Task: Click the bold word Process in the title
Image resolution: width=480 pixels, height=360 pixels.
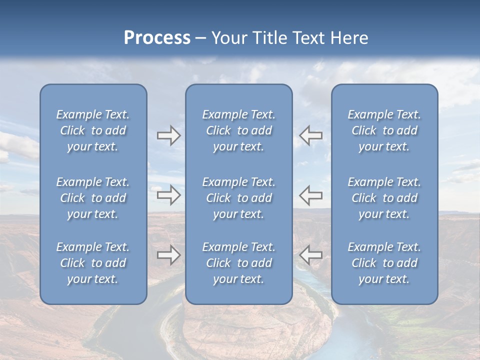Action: (157, 38)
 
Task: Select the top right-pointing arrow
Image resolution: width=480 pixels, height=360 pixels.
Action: (168, 135)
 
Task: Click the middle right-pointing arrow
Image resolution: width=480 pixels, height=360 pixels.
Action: (168, 195)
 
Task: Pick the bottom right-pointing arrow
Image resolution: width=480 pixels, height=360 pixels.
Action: (168, 255)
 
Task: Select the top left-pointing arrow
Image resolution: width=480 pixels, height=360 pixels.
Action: (311, 135)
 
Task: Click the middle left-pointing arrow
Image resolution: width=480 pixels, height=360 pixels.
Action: (311, 195)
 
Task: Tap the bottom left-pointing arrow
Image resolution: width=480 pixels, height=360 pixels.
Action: (311, 255)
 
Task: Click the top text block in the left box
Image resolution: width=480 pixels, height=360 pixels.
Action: (93, 130)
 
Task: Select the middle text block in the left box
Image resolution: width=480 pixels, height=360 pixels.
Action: (93, 198)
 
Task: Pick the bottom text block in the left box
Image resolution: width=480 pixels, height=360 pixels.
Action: (93, 263)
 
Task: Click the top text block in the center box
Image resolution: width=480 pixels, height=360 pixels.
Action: (238, 130)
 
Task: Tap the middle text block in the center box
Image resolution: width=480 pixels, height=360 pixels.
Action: (238, 198)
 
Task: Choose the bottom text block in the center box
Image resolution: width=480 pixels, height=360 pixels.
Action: (238, 263)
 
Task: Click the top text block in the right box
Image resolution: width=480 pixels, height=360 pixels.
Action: (384, 130)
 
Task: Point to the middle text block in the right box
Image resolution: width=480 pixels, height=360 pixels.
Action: (384, 198)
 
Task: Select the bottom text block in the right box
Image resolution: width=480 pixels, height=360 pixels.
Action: (384, 263)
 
